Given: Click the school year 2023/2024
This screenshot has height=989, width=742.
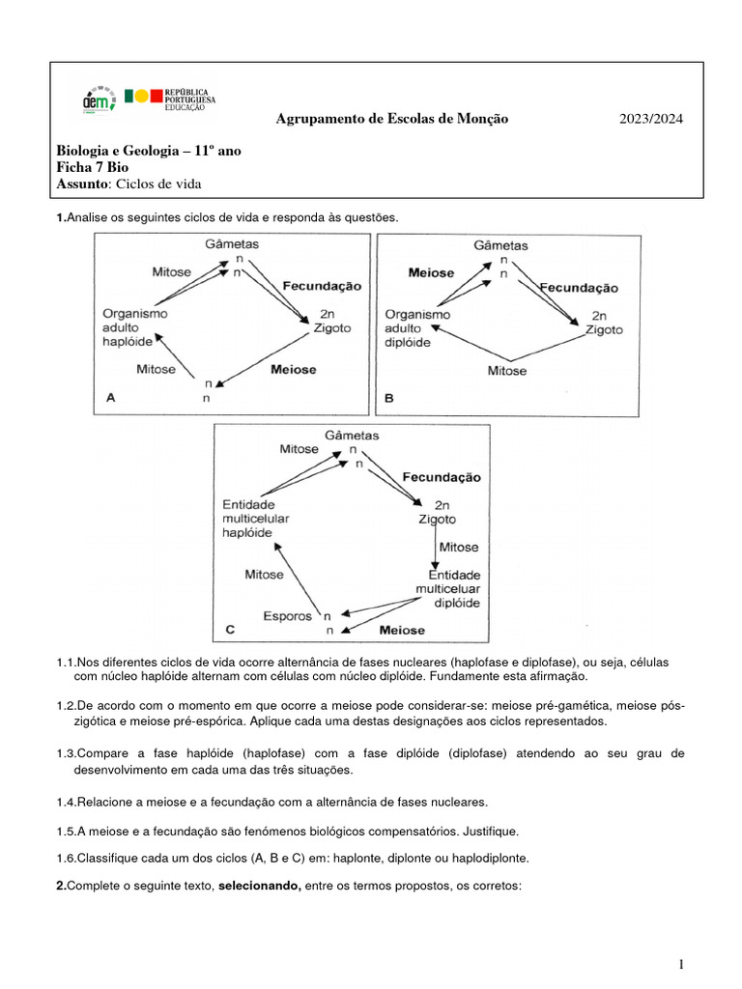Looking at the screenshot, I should (x=650, y=119).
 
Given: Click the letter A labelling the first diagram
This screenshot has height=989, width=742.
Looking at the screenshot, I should (x=110, y=395).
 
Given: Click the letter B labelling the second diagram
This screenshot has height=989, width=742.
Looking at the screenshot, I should (x=389, y=396).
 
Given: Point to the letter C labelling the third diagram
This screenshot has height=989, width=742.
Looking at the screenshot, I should (x=230, y=630).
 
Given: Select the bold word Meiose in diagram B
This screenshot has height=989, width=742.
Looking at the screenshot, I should (x=431, y=272).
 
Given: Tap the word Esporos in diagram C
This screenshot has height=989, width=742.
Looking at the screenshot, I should (x=288, y=615).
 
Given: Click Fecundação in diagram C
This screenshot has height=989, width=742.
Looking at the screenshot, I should (x=442, y=477).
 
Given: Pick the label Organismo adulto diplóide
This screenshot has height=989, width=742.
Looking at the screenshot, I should (x=417, y=328).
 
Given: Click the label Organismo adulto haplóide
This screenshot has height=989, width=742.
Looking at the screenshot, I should (x=135, y=328).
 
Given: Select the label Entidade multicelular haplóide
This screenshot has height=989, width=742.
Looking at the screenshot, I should (x=255, y=519).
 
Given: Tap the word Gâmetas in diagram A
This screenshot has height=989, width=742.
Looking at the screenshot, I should (x=232, y=245).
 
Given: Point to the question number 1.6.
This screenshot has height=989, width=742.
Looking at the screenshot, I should (x=66, y=858).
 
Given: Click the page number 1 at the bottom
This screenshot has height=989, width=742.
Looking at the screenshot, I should (x=681, y=964).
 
